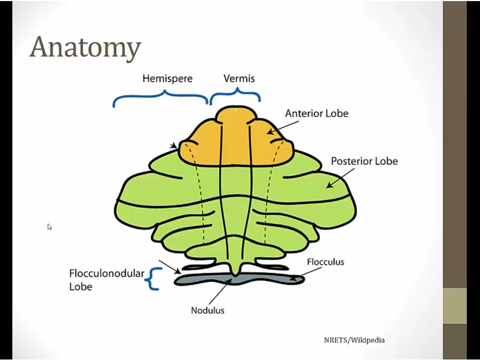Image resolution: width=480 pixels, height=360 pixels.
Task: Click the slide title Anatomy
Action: coord(85,47)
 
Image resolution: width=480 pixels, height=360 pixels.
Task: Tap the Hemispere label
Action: coord(167,78)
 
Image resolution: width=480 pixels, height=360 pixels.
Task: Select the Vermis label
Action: coord(239,78)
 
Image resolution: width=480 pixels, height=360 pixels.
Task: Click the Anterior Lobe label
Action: coord(316,113)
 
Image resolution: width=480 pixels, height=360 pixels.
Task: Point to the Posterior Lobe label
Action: coord(364,161)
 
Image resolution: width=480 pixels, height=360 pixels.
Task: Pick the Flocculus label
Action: coord(325,262)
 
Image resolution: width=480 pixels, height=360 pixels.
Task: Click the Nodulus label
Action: coord(207,310)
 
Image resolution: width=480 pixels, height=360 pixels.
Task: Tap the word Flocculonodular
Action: coord(107,273)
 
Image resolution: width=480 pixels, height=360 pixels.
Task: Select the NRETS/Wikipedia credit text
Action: coord(354,340)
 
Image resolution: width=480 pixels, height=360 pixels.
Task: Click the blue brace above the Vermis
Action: coord(235,96)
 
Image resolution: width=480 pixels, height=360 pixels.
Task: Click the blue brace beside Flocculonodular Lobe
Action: coord(153,279)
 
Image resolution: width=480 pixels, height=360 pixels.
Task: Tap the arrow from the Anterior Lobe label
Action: coord(283,127)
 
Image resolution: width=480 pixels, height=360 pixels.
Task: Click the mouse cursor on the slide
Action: coord(49,227)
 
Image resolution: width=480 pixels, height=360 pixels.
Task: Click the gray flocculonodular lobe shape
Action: coord(240,279)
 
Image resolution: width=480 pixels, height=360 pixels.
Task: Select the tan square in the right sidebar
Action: coord(454,306)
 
